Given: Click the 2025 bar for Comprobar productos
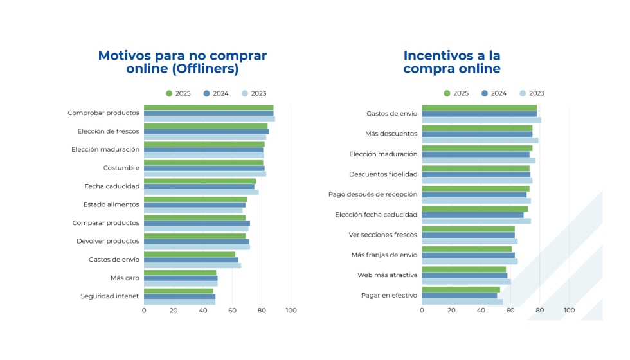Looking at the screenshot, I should point(208,107).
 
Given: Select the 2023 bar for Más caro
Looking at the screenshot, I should point(181,283).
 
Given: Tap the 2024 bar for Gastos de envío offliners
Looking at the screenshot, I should point(191,260).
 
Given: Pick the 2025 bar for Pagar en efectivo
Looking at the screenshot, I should point(460,289).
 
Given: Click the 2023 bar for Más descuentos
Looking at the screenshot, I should point(480,140).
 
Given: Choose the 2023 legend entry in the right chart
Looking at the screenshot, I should point(532,93).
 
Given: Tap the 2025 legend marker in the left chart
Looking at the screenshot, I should point(169,93).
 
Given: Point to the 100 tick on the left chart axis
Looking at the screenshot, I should point(291,310).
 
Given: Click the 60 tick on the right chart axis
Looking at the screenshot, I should point(510,310).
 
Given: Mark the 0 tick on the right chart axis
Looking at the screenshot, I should point(422,310).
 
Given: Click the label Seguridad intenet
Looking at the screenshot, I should point(109,296).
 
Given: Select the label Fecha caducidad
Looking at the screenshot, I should point(112,186).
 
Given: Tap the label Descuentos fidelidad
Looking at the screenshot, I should point(383,174).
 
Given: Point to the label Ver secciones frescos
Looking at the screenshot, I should point(382,235).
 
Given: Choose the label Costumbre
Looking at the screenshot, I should point(121,168).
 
